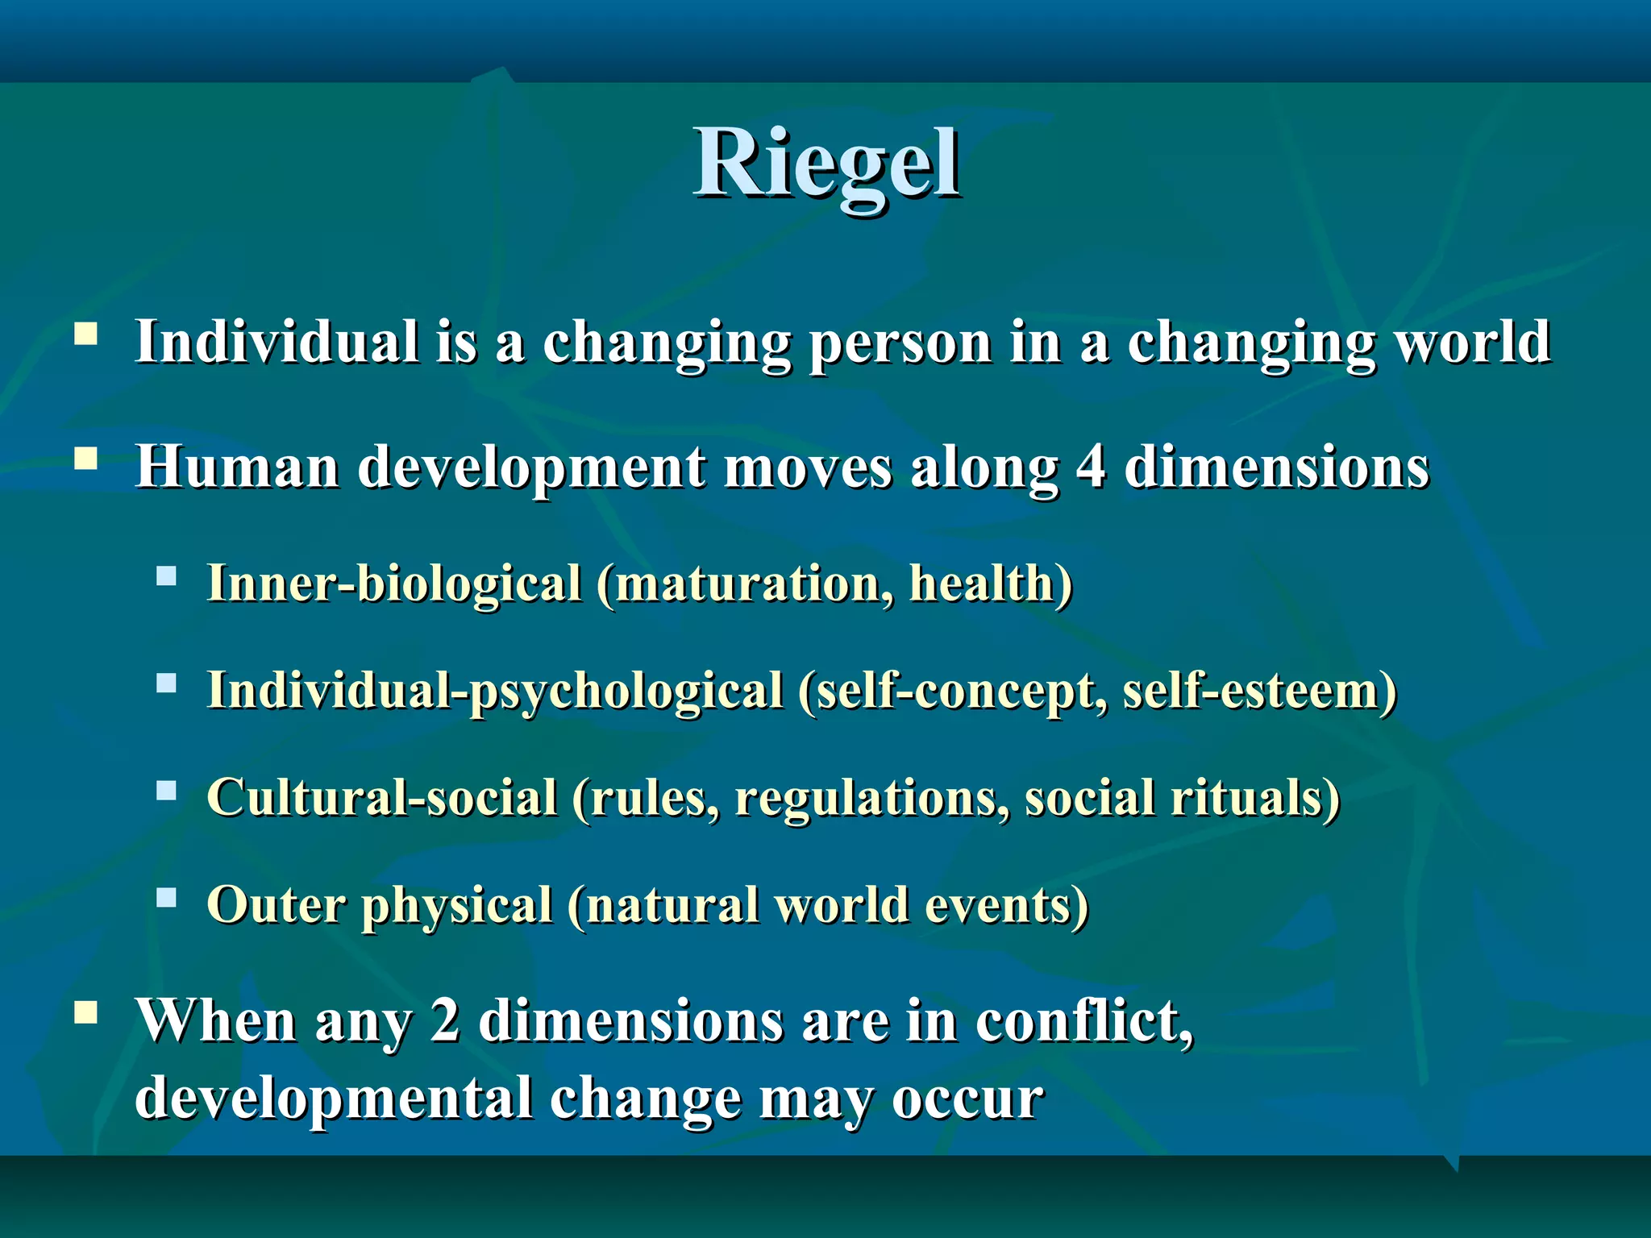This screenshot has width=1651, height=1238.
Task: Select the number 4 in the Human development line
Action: [1090, 467]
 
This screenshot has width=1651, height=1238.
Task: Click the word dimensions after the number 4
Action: [1276, 467]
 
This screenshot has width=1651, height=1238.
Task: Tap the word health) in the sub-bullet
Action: [991, 584]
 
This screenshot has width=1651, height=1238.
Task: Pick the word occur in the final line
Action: [967, 1099]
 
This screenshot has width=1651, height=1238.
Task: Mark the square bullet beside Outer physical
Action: [167, 897]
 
